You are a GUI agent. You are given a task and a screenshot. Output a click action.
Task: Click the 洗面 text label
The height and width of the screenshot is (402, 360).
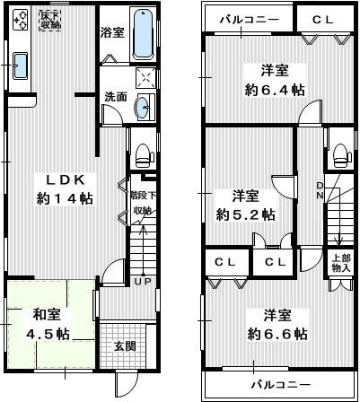pos(114,96)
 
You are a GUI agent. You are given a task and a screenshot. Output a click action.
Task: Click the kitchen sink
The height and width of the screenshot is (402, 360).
pos(22,65)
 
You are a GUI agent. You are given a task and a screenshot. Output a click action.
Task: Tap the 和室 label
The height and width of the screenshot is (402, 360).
pos(48,315)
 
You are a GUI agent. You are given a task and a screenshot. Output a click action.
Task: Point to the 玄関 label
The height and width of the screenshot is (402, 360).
pos(124,346)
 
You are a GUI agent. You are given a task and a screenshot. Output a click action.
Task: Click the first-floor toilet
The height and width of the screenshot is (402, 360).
pos(142,152)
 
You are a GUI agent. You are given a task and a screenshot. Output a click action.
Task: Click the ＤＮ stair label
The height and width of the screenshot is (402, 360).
pos(320,189)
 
